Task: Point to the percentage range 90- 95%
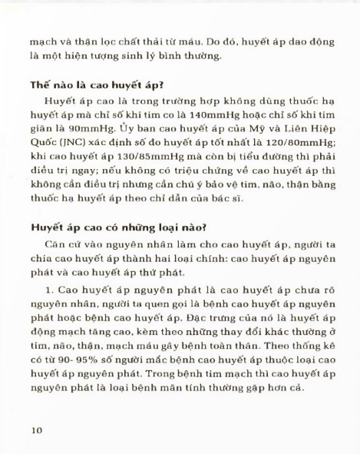pos(70,361)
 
